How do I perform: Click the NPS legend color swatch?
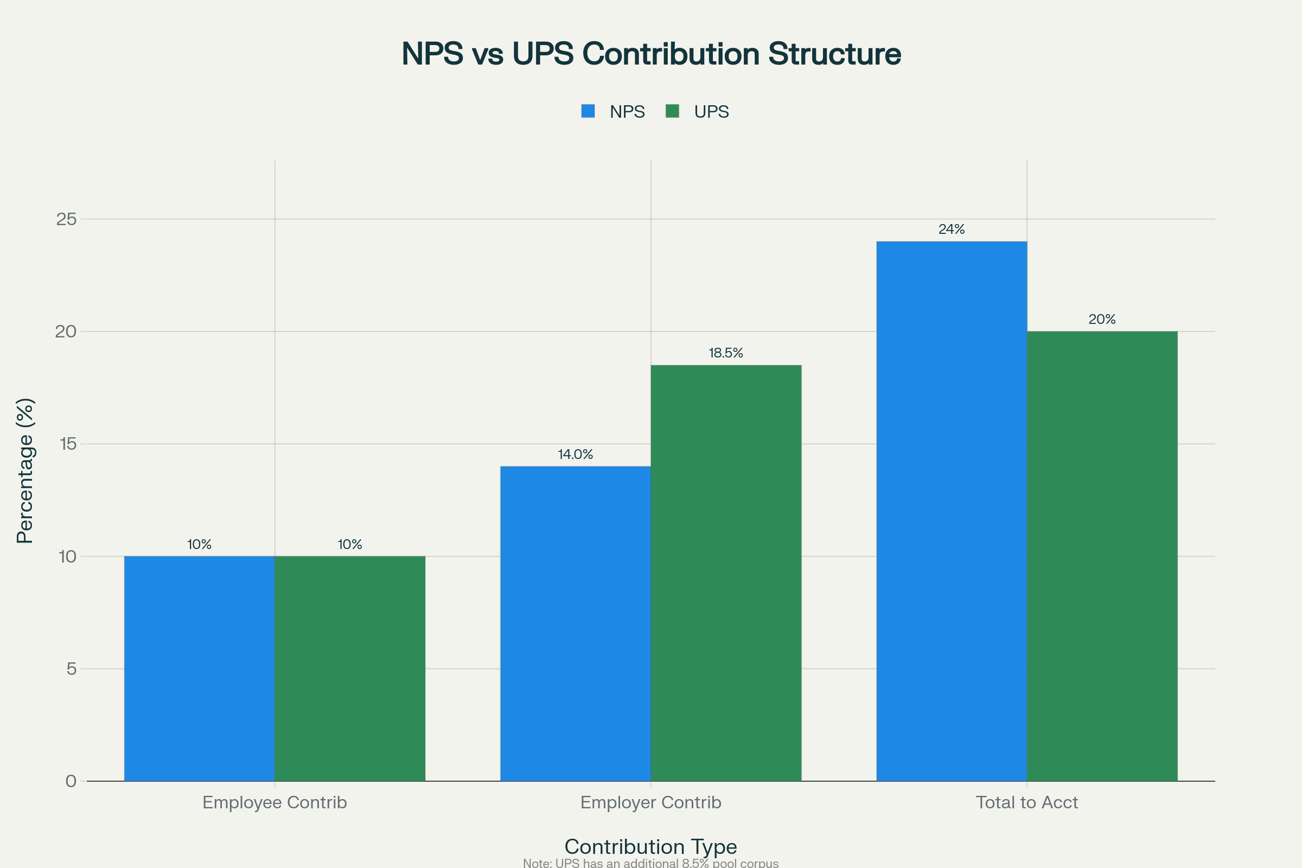coord(588,111)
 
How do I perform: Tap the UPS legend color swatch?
coord(672,111)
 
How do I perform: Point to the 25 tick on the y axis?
coord(66,219)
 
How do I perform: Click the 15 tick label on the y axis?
coord(66,444)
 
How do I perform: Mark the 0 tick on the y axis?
coord(71,781)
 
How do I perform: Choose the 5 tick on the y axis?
coord(71,669)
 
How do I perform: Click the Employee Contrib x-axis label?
coord(275,802)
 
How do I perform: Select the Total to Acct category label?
coord(1026,802)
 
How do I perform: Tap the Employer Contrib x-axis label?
coord(650,802)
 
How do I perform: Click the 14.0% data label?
coord(575,455)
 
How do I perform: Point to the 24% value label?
coord(951,229)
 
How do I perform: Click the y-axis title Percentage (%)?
coord(25,470)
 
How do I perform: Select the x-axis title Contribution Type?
coord(650,846)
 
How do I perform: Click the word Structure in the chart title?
coord(834,54)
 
